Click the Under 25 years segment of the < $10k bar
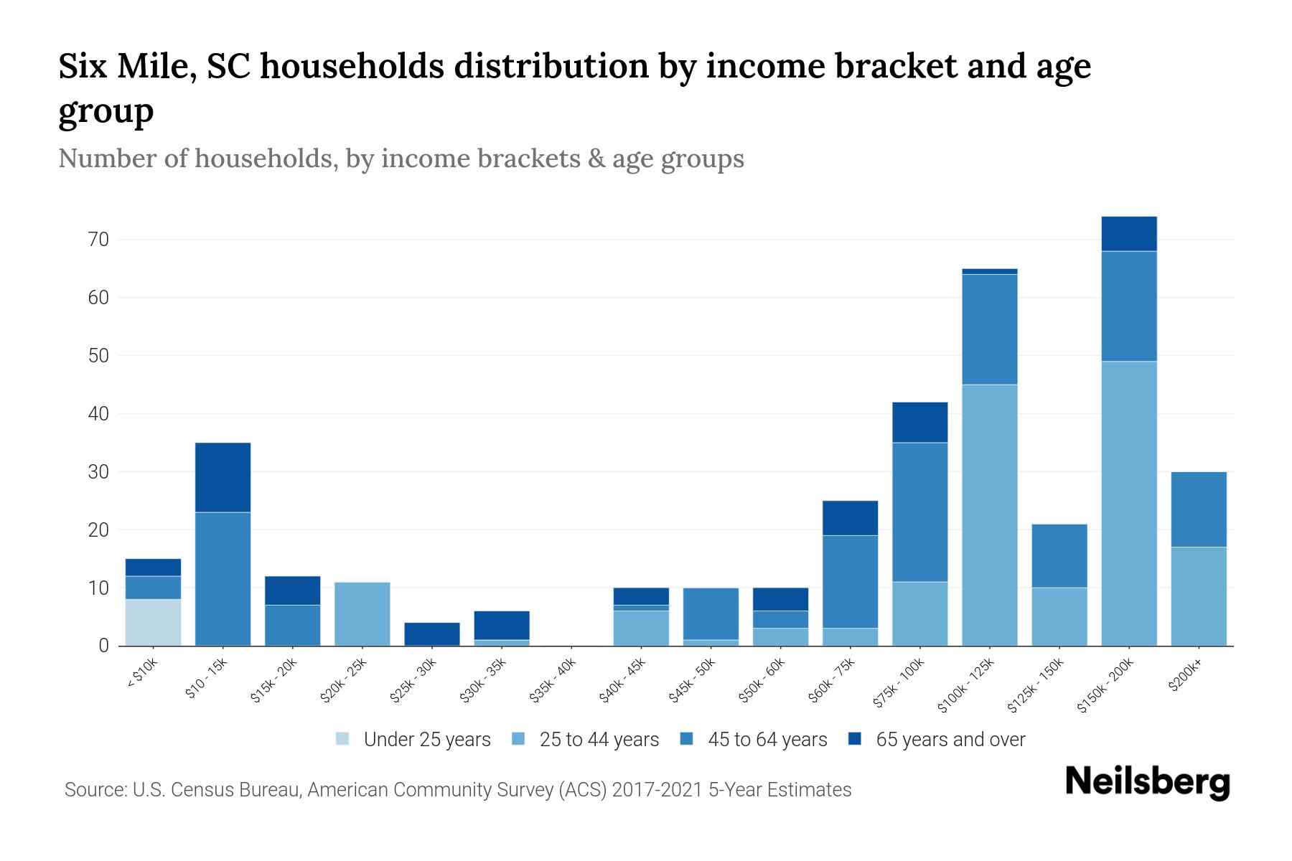pos(153,622)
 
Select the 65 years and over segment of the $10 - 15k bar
pos(223,477)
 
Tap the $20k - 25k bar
pos(362,613)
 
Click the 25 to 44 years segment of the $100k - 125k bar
pos(990,515)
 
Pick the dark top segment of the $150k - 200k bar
pos(1129,234)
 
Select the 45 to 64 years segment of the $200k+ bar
pos(1199,509)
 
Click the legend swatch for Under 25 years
pos(343,739)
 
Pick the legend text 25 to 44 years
pos(599,740)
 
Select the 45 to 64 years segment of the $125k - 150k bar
pos(1059,556)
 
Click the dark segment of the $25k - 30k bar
pos(432,634)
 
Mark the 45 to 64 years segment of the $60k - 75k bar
pos(850,582)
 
